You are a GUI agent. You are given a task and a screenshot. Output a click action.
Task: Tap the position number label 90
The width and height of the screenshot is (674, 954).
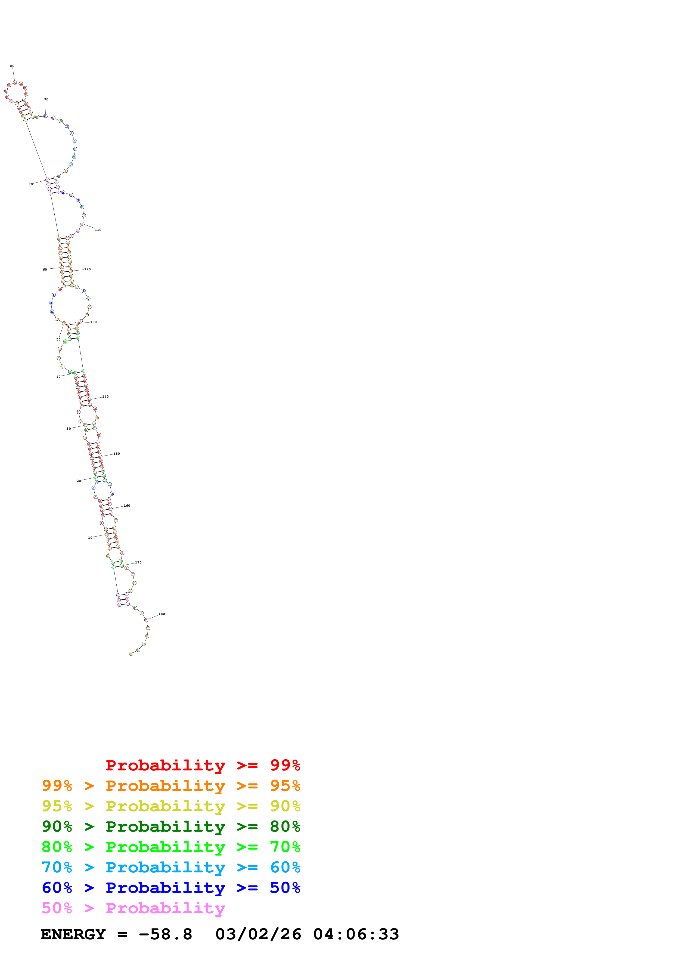pyautogui.click(x=46, y=99)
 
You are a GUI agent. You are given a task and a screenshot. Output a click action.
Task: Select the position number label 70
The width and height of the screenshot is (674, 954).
pyautogui.click(x=31, y=184)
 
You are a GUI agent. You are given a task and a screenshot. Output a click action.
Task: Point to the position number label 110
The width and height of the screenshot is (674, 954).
pyautogui.click(x=98, y=230)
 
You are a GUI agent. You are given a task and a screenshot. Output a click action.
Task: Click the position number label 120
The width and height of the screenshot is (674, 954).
pyautogui.click(x=87, y=269)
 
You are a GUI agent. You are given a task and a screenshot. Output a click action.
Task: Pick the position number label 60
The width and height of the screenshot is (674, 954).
pyautogui.click(x=45, y=270)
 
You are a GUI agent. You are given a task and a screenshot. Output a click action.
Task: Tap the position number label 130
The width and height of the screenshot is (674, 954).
pyautogui.click(x=94, y=322)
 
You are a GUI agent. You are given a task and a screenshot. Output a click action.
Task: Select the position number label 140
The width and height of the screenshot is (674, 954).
pyautogui.click(x=105, y=397)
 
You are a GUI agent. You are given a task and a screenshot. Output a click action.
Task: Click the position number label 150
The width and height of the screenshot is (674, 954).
pyautogui.click(x=117, y=454)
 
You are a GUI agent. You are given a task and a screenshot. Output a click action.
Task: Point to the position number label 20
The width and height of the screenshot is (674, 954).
pyautogui.click(x=79, y=481)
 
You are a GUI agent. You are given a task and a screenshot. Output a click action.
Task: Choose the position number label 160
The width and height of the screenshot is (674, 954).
pyautogui.click(x=127, y=506)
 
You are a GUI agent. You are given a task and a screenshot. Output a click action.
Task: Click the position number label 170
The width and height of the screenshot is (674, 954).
pyautogui.click(x=138, y=563)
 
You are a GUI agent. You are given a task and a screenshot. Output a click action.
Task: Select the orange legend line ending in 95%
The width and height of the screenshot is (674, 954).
pyautogui.click(x=171, y=785)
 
